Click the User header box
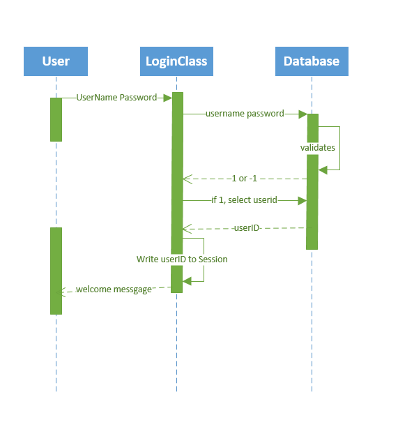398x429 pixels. pos(56,61)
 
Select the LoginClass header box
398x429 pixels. pos(176,61)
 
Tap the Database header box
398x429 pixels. pos(312,61)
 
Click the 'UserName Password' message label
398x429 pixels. pos(116,98)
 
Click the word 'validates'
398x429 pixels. pos(317,148)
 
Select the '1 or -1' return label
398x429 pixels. pos(244,179)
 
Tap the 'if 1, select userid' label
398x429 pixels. pos(244,200)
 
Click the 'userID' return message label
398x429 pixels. pos(247,227)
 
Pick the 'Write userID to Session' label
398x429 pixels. pos(182,259)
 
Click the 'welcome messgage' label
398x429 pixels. pos(114,289)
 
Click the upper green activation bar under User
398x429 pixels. pos(56,119)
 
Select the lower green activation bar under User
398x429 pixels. pos(56,270)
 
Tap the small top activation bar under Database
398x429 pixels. pos(312,128)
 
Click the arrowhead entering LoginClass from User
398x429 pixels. pos(167,98)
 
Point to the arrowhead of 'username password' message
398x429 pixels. pos(303,114)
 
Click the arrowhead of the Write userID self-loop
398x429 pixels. pos(187,281)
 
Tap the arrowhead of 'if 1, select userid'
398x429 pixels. pos(303,200)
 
